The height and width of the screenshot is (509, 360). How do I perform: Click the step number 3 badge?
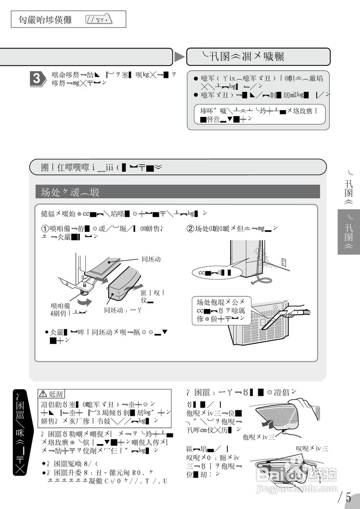coord(36,78)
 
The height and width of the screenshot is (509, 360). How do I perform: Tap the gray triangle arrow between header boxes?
coord(180,57)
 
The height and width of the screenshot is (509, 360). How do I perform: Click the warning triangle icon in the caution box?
coord(43,394)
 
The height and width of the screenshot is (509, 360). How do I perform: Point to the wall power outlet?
coord(284,262)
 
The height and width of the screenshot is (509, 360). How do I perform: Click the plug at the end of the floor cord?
coord(253,283)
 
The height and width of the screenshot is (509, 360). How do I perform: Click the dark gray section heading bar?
coord(178,192)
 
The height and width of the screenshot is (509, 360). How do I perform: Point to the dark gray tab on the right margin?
coord(348,232)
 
